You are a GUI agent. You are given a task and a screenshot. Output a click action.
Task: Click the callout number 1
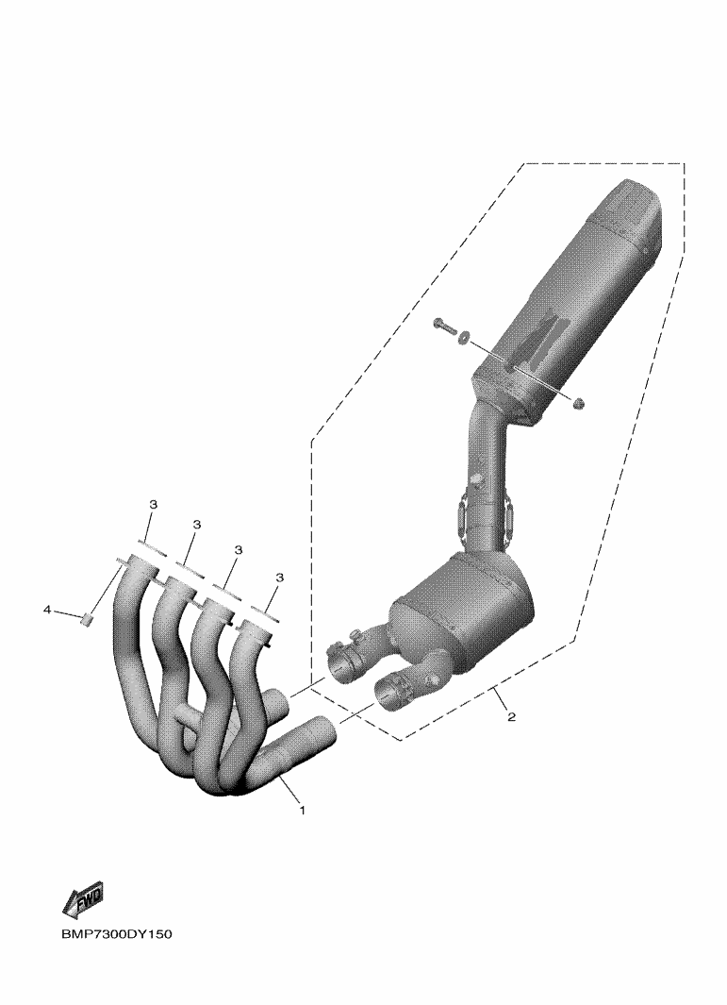(x=303, y=811)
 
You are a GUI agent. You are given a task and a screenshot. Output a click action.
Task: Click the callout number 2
(x=510, y=716)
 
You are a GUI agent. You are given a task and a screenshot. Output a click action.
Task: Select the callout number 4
(x=47, y=611)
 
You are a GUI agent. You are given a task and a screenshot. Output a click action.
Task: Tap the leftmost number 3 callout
(x=153, y=505)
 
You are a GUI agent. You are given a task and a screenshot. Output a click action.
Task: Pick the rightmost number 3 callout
(x=279, y=578)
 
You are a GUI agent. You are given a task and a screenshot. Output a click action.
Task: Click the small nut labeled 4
(x=87, y=619)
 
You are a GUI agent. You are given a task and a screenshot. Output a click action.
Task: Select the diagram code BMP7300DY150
(x=117, y=934)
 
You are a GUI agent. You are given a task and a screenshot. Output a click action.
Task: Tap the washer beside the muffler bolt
(x=464, y=335)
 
